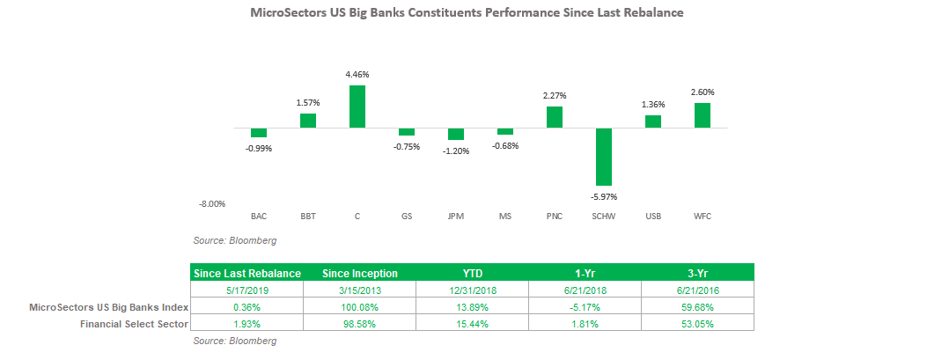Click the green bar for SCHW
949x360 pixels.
pos(603,157)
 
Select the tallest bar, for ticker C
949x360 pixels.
pos(357,107)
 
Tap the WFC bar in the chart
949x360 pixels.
pos(703,115)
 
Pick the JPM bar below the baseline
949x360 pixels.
pos(456,135)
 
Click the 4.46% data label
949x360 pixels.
pos(357,75)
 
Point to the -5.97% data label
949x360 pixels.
pos(604,196)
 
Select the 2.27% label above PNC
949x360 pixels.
pos(555,96)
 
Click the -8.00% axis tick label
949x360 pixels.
pos(212,204)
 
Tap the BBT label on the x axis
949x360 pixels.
pos(308,216)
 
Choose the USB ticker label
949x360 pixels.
pos(653,216)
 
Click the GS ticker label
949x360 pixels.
pos(407,216)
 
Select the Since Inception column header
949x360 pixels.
pos(360,274)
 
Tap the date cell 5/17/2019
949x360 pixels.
pos(246,290)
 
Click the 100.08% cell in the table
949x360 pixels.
pos(359,307)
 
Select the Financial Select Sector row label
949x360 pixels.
pos(134,324)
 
